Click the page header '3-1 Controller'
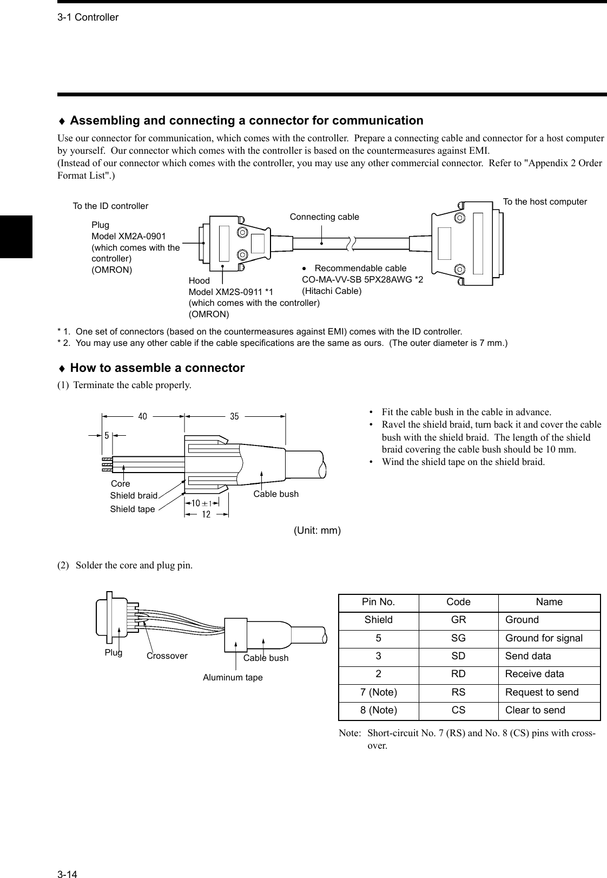(88, 17)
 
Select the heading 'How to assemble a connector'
(157, 368)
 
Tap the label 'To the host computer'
(545, 201)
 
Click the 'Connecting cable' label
(324, 217)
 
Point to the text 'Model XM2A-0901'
(129, 236)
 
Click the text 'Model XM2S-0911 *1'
(231, 292)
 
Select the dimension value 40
(143, 417)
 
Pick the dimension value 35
(234, 417)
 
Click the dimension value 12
(206, 515)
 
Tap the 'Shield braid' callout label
(134, 495)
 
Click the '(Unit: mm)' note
(317, 530)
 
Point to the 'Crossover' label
(167, 656)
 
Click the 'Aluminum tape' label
(233, 677)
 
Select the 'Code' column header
(458, 602)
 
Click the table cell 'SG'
(458, 638)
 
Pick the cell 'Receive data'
(534, 674)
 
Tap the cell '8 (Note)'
(378, 710)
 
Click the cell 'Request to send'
(542, 692)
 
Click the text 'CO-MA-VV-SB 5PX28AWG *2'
(362, 279)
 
